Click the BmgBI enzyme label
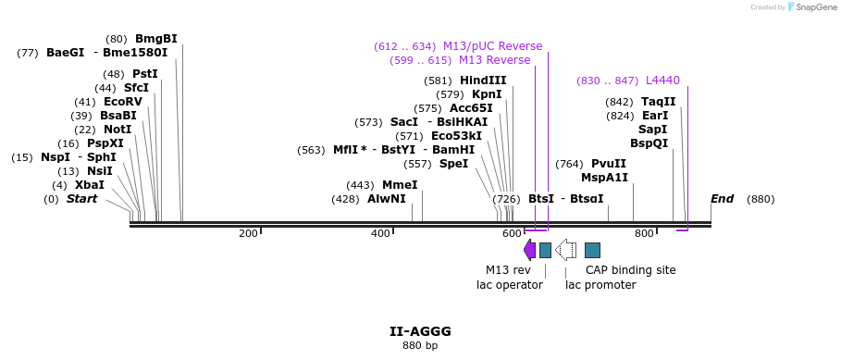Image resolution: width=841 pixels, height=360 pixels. (x=155, y=39)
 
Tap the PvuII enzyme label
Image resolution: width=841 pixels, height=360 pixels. (x=609, y=164)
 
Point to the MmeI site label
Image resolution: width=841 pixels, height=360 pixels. (x=400, y=185)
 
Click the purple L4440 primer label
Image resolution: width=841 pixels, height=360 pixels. (x=662, y=81)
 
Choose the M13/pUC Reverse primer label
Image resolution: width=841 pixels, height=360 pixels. (x=492, y=46)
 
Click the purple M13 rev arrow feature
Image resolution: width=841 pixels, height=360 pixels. (x=529, y=250)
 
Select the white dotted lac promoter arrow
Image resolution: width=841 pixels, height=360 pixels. (x=565, y=250)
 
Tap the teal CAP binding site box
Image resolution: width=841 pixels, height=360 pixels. (x=593, y=250)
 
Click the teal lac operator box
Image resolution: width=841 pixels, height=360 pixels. (x=545, y=250)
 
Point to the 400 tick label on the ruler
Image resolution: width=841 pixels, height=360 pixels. (x=380, y=233)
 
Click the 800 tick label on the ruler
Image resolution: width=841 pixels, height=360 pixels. (x=644, y=233)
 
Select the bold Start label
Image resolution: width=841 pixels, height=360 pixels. (x=81, y=199)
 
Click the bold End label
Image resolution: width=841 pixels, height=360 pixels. (x=722, y=199)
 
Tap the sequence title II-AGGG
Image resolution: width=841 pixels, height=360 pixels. (x=420, y=330)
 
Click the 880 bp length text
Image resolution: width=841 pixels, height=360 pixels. (x=420, y=346)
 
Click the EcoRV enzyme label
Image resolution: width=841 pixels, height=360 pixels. (x=123, y=102)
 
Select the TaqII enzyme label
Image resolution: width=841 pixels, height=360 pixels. (x=658, y=102)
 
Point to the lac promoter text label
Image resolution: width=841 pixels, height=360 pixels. (x=600, y=285)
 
